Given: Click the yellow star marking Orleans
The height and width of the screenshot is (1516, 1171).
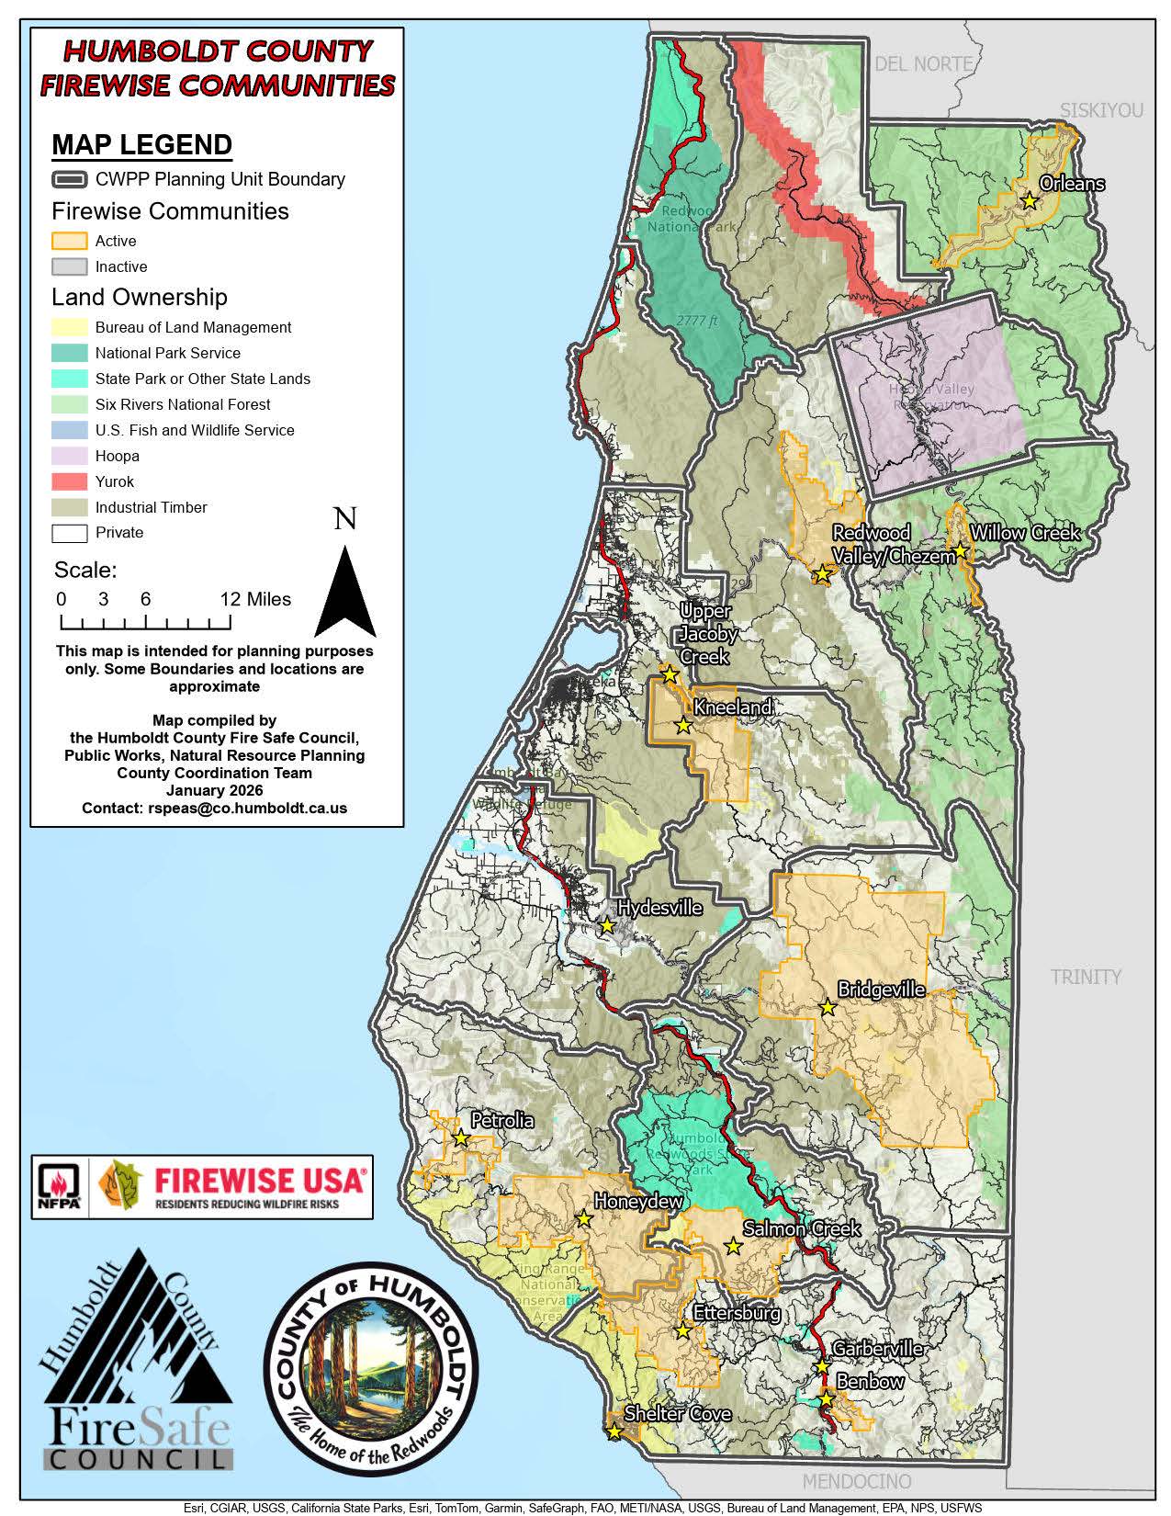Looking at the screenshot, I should [x=1030, y=200].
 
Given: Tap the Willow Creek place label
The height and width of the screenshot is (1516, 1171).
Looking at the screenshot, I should [x=1025, y=533].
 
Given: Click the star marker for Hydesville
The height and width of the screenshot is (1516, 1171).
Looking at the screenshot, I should [x=606, y=925].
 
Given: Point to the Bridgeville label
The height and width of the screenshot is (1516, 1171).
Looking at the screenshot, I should [x=881, y=990].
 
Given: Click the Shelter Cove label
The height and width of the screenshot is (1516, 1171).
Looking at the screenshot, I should [x=678, y=1413].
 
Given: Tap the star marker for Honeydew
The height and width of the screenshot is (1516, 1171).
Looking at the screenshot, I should [x=583, y=1219].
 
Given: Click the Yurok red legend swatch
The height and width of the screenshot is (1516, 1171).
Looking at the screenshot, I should [x=70, y=481].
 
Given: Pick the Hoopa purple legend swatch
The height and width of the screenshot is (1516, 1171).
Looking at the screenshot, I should [x=70, y=456].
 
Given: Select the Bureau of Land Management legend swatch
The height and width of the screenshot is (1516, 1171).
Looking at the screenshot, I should [x=70, y=327].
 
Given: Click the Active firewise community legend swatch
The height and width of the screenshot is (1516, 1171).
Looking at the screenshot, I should [x=70, y=241].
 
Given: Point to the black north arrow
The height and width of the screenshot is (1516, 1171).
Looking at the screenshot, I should [x=345, y=593].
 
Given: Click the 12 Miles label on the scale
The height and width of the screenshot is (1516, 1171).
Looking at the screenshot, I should [x=255, y=599].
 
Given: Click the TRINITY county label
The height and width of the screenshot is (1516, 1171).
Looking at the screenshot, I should [x=1086, y=977].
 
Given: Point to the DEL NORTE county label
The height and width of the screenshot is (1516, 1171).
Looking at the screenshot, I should [x=923, y=63].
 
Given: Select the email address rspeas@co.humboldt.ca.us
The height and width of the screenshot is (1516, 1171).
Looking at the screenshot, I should [x=247, y=808].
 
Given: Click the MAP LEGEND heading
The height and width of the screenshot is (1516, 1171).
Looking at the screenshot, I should [x=141, y=145].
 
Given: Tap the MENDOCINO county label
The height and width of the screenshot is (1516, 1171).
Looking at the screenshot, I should [x=856, y=1481].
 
